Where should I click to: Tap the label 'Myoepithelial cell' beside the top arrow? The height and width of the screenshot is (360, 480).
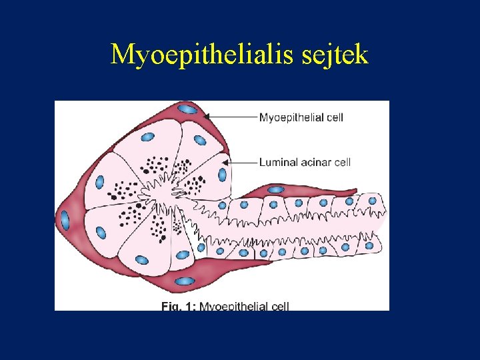pyautogui.click(x=301, y=117)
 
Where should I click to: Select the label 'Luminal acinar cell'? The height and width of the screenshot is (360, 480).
pyautogui.click(x=305, y=161)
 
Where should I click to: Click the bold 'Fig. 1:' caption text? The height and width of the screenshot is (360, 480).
pyautogui.click(x=179, y=307)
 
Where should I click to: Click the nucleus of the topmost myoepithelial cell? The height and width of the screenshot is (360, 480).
pyautogui.click(x=188, y=109)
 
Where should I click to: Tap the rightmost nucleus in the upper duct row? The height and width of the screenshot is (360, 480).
pyautogui.click(x=371, y=200)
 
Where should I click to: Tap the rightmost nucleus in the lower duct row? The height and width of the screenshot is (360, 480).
pyautogui.click(x=369, y=245)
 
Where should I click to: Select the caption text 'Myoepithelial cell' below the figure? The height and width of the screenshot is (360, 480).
pyautogui.click(x=244, y=307)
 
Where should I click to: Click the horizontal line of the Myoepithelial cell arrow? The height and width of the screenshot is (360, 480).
pyautogui.click(x=233, y=117)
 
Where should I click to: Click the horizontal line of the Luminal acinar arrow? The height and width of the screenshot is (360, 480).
pyautogui.click(x=243, y=161)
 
